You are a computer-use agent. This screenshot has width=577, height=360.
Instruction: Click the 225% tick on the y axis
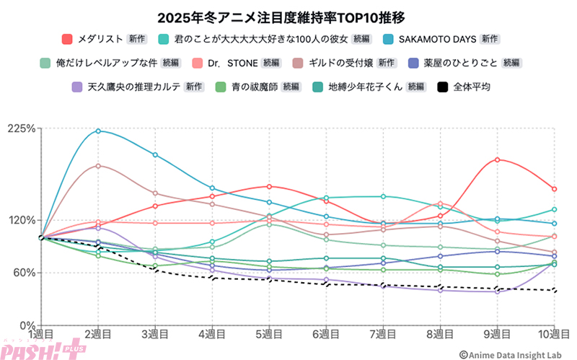click(x=22, y=129)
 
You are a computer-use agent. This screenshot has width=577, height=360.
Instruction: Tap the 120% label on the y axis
click(x=22, y=221)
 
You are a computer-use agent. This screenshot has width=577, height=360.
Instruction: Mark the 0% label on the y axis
click(x=27, y=325)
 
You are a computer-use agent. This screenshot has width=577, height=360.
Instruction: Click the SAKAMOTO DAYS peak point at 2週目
click(x=98, y=131)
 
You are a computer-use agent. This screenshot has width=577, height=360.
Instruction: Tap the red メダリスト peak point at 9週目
click(x=497, y=159)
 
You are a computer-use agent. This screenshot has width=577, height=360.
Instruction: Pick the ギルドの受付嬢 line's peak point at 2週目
click(x=98, y=165)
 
